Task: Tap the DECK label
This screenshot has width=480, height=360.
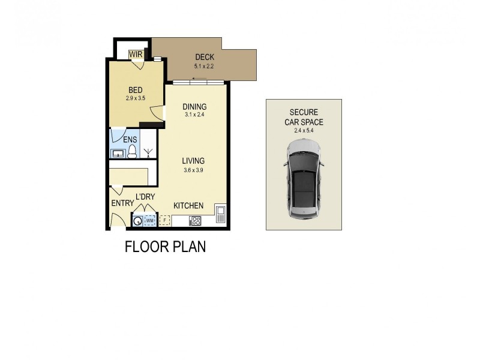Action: pyautogui.click(x=204, y=58)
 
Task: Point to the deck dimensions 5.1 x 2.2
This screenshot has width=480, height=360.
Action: pyautogui.click(x=204, y=66)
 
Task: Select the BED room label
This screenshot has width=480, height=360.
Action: pyautogui.click(x=134, y=91)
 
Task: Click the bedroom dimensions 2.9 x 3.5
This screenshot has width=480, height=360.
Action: pyautogui.click(x=136, y=98)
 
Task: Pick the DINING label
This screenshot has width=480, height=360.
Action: pyautogui.click(x=194, y=107)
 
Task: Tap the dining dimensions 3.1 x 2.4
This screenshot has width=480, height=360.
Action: pyautogui.click(x=194, y=115)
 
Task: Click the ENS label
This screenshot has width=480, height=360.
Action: pyautogui.click(x=130, y=140)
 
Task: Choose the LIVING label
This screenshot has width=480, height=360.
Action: pyautogui.click(x=194, y=161)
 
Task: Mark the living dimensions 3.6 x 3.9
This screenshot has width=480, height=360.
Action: pyautogui.click(x=194, y=170)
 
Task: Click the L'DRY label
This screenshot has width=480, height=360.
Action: pyautogui.click(x=146, y=197)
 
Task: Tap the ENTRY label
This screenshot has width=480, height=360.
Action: pyautogui.click(x=122, y=203)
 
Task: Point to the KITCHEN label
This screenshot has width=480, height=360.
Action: pyautogui.click(x=188, y=206)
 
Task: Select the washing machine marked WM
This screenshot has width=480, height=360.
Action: pyautogui.click(x=149, y=221)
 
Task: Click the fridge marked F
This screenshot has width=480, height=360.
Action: pyautogui.click(x=165, y=221)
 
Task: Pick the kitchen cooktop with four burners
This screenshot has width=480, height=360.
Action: pyautogui.click(x=195, y=220)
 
